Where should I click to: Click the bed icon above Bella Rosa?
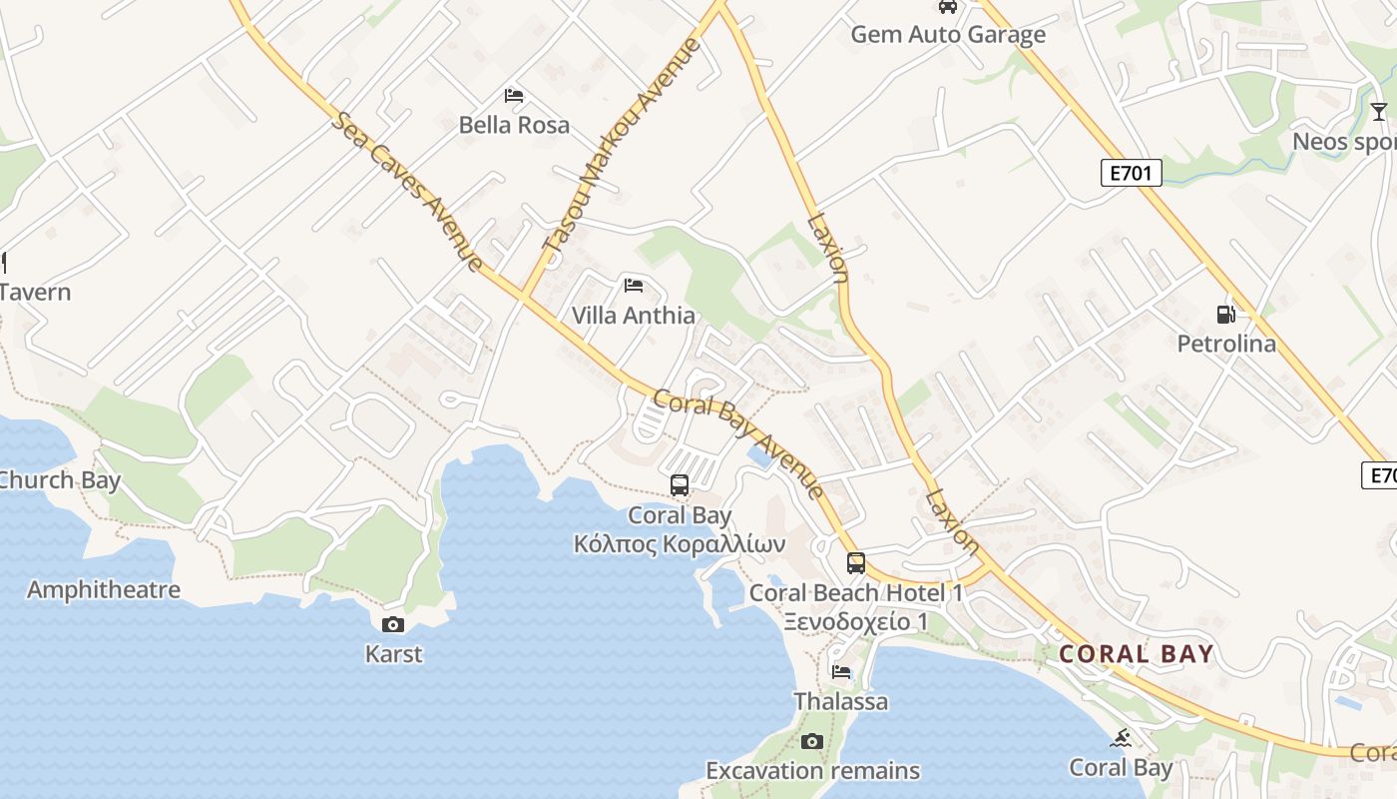(514, 96)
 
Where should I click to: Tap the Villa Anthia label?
(633, 316)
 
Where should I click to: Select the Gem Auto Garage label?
(947, 35)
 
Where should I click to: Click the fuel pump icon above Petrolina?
(1225, 315)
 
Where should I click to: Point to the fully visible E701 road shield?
(1132, 173)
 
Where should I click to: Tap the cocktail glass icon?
(1378, 111)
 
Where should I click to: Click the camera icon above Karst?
(393, 625)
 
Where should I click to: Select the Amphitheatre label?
(104, 589)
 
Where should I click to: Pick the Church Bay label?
(60, 480)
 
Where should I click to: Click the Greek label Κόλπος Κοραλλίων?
(680, 544)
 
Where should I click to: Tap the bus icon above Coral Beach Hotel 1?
(856, 563)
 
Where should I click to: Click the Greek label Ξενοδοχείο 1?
(855, 621)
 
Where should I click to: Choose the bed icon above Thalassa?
(841, 672)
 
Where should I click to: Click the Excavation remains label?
(812, 771)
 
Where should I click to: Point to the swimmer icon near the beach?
(1121, 738)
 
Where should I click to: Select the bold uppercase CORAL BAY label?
(1136, 654)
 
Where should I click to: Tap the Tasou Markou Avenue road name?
(622, 144)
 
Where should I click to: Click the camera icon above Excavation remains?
(812, 741)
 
